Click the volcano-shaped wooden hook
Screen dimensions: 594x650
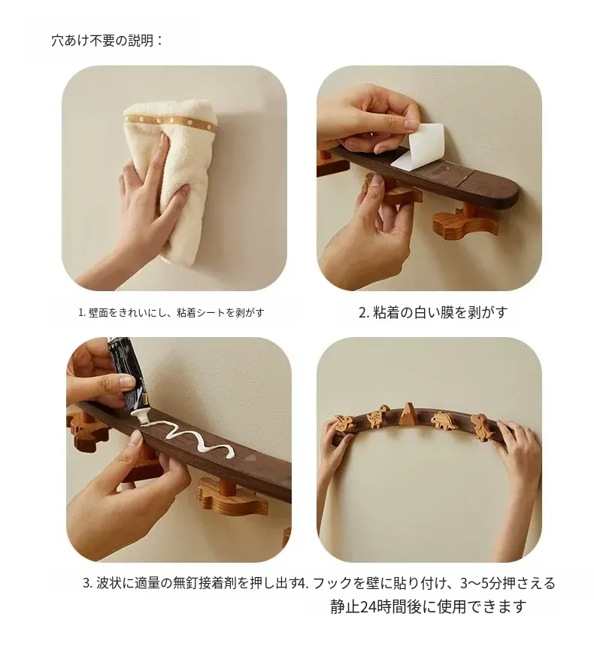click(409, 413)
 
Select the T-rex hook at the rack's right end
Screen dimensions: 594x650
click(483, 426)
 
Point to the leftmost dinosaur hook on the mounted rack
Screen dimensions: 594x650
click(345, 422)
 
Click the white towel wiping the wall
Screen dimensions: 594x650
click(178, 178)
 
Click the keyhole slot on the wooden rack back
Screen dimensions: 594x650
click(440, 170)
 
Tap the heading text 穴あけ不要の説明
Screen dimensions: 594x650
click(107, 41)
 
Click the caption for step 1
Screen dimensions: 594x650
click(171, 312)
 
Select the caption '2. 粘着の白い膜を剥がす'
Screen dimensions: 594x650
click(433, 312)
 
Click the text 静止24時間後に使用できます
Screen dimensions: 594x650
click(429, 606)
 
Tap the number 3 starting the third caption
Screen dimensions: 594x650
click(86, 583)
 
